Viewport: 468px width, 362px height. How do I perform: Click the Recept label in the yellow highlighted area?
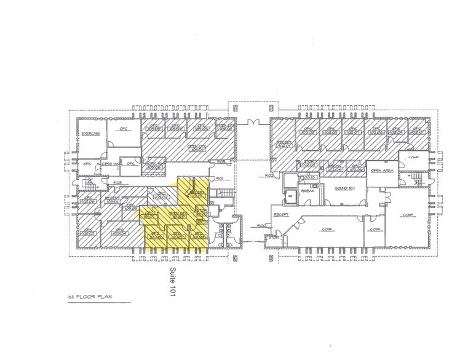point(197,193)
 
